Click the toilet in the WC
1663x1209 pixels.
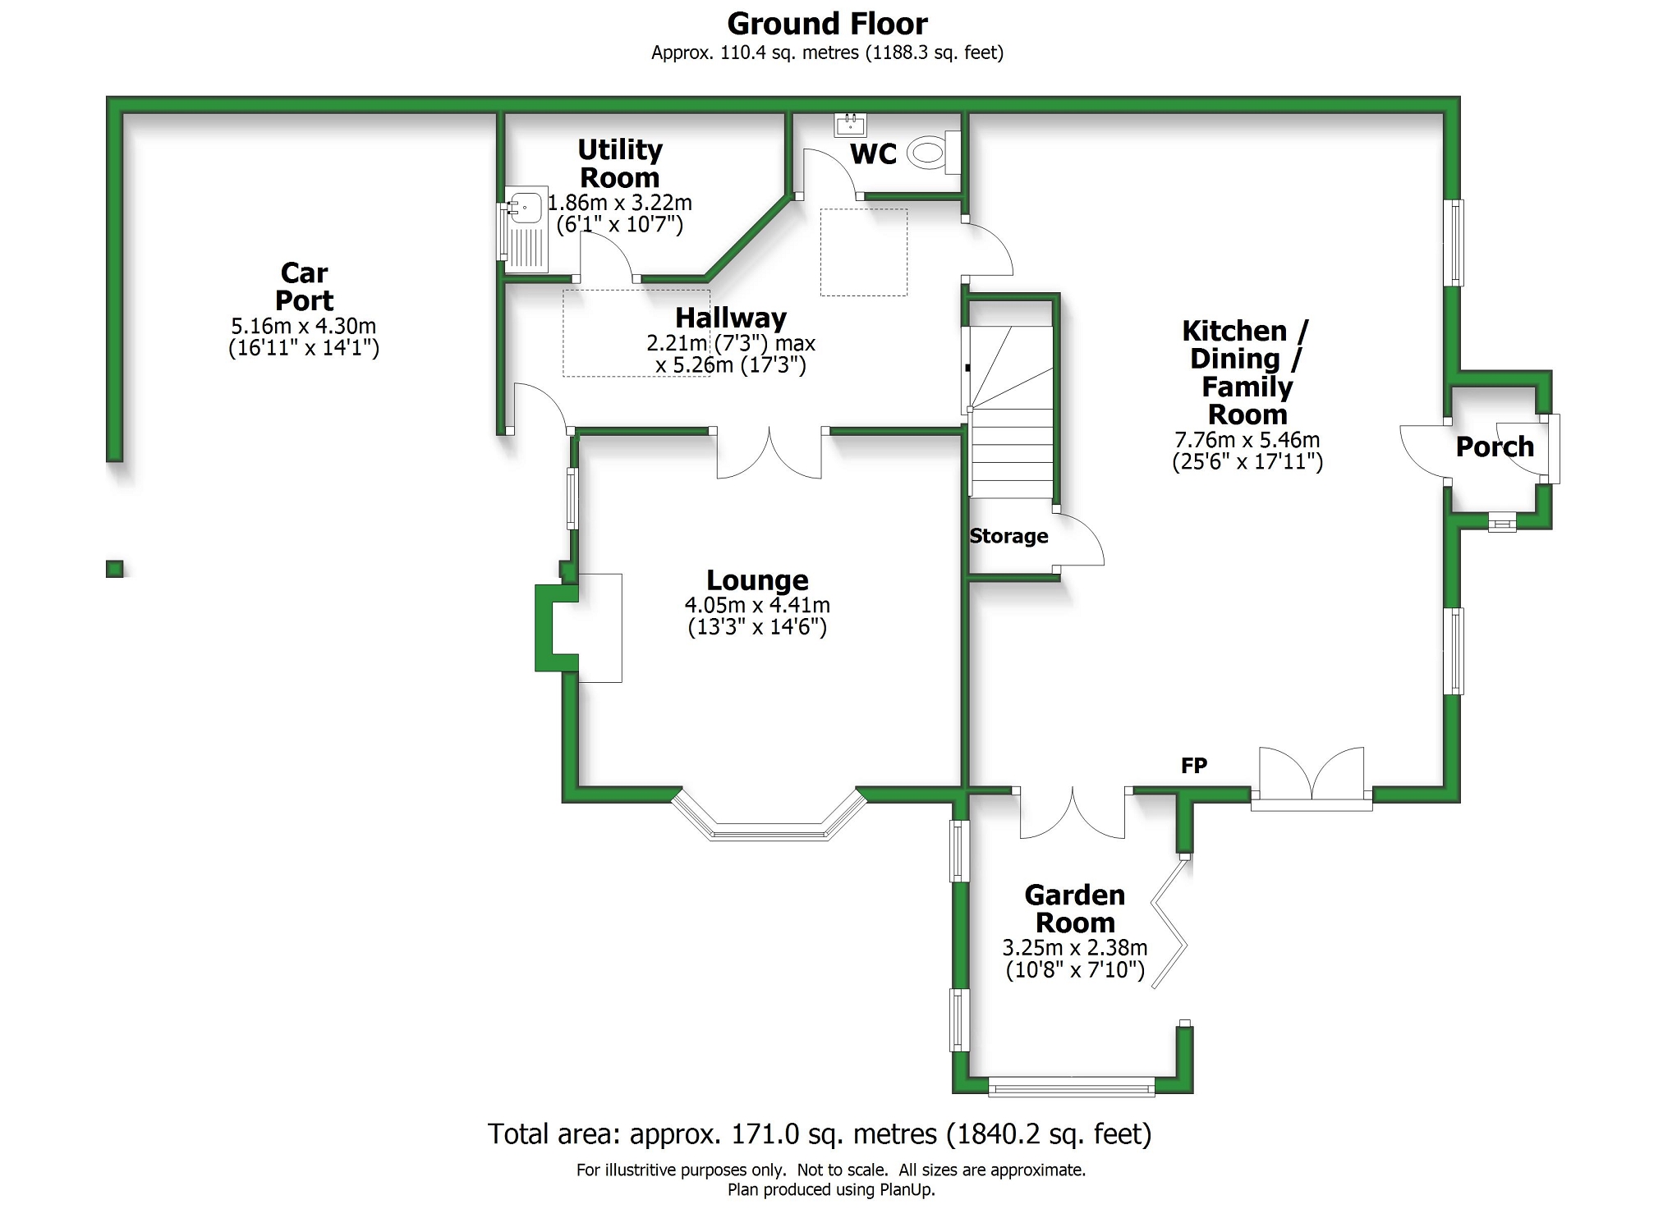click(x=931, y=152)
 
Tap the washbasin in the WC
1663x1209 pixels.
click(x=850, y=125)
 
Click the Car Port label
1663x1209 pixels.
click(x=304, y=286)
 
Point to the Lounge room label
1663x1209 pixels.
click(x=757, y=580)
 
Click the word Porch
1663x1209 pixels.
click(x=1495, y=447)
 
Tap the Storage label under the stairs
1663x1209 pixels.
click(x=1008, y=536)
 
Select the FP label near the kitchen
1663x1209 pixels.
click(x=1194, y=766)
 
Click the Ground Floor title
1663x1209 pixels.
click(x=828, y=24)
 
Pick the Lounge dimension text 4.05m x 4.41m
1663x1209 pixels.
click(x=757, y=605)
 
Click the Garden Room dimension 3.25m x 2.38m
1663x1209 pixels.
click(x=1075, y=947)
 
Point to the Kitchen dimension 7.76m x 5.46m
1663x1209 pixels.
click(x=1247, y=439)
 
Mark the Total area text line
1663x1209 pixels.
click(x=820, y=1133)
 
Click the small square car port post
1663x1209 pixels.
click(x=115, y=568)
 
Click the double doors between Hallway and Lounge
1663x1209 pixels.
click(x=769, y=453)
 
